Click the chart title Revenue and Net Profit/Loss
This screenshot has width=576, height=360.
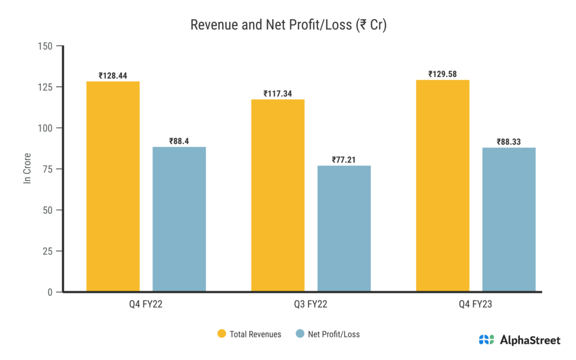288,25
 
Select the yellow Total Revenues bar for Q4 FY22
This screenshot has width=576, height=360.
113,187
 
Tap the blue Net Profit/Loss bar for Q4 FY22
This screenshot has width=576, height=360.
179,219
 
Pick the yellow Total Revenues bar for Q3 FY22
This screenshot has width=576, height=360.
278,196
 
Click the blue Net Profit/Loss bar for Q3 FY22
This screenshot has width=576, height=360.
344,228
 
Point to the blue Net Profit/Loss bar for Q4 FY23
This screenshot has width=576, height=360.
508,219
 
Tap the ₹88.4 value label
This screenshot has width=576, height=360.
179,141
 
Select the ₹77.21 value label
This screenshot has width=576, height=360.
344,159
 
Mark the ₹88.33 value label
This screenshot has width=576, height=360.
508,141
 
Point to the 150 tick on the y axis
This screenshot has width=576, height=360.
46,46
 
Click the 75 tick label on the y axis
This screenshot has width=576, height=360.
48,169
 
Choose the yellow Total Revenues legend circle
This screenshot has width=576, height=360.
222,334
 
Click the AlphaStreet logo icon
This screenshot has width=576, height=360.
486,340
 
